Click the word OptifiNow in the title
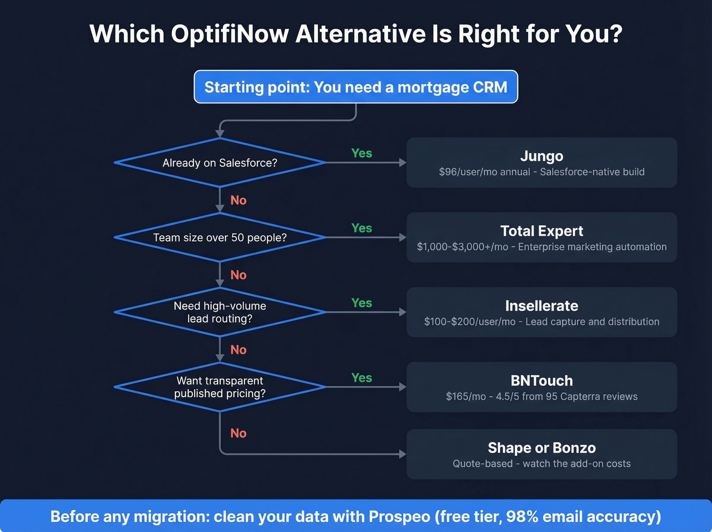click(230, 34)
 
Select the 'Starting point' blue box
click(355, 87)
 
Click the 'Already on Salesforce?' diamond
click(220, 163)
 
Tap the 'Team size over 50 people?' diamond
click(220, 238)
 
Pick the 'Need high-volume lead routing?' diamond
click(220, 312)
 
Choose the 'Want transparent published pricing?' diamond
click(220, 387)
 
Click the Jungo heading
click(542, 156)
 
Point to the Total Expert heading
click(542, 231)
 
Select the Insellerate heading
click(542, 306)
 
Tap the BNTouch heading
click(542, 381)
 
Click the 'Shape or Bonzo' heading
click(542, 448)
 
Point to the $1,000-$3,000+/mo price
click(462, 247)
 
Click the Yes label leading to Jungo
click(362, 153)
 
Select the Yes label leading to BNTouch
click(362, 378)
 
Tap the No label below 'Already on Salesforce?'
click(238, 200)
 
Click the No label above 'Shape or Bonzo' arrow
click(238, 433)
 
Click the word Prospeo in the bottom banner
click(399, 517)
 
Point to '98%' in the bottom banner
click(522, 517)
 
